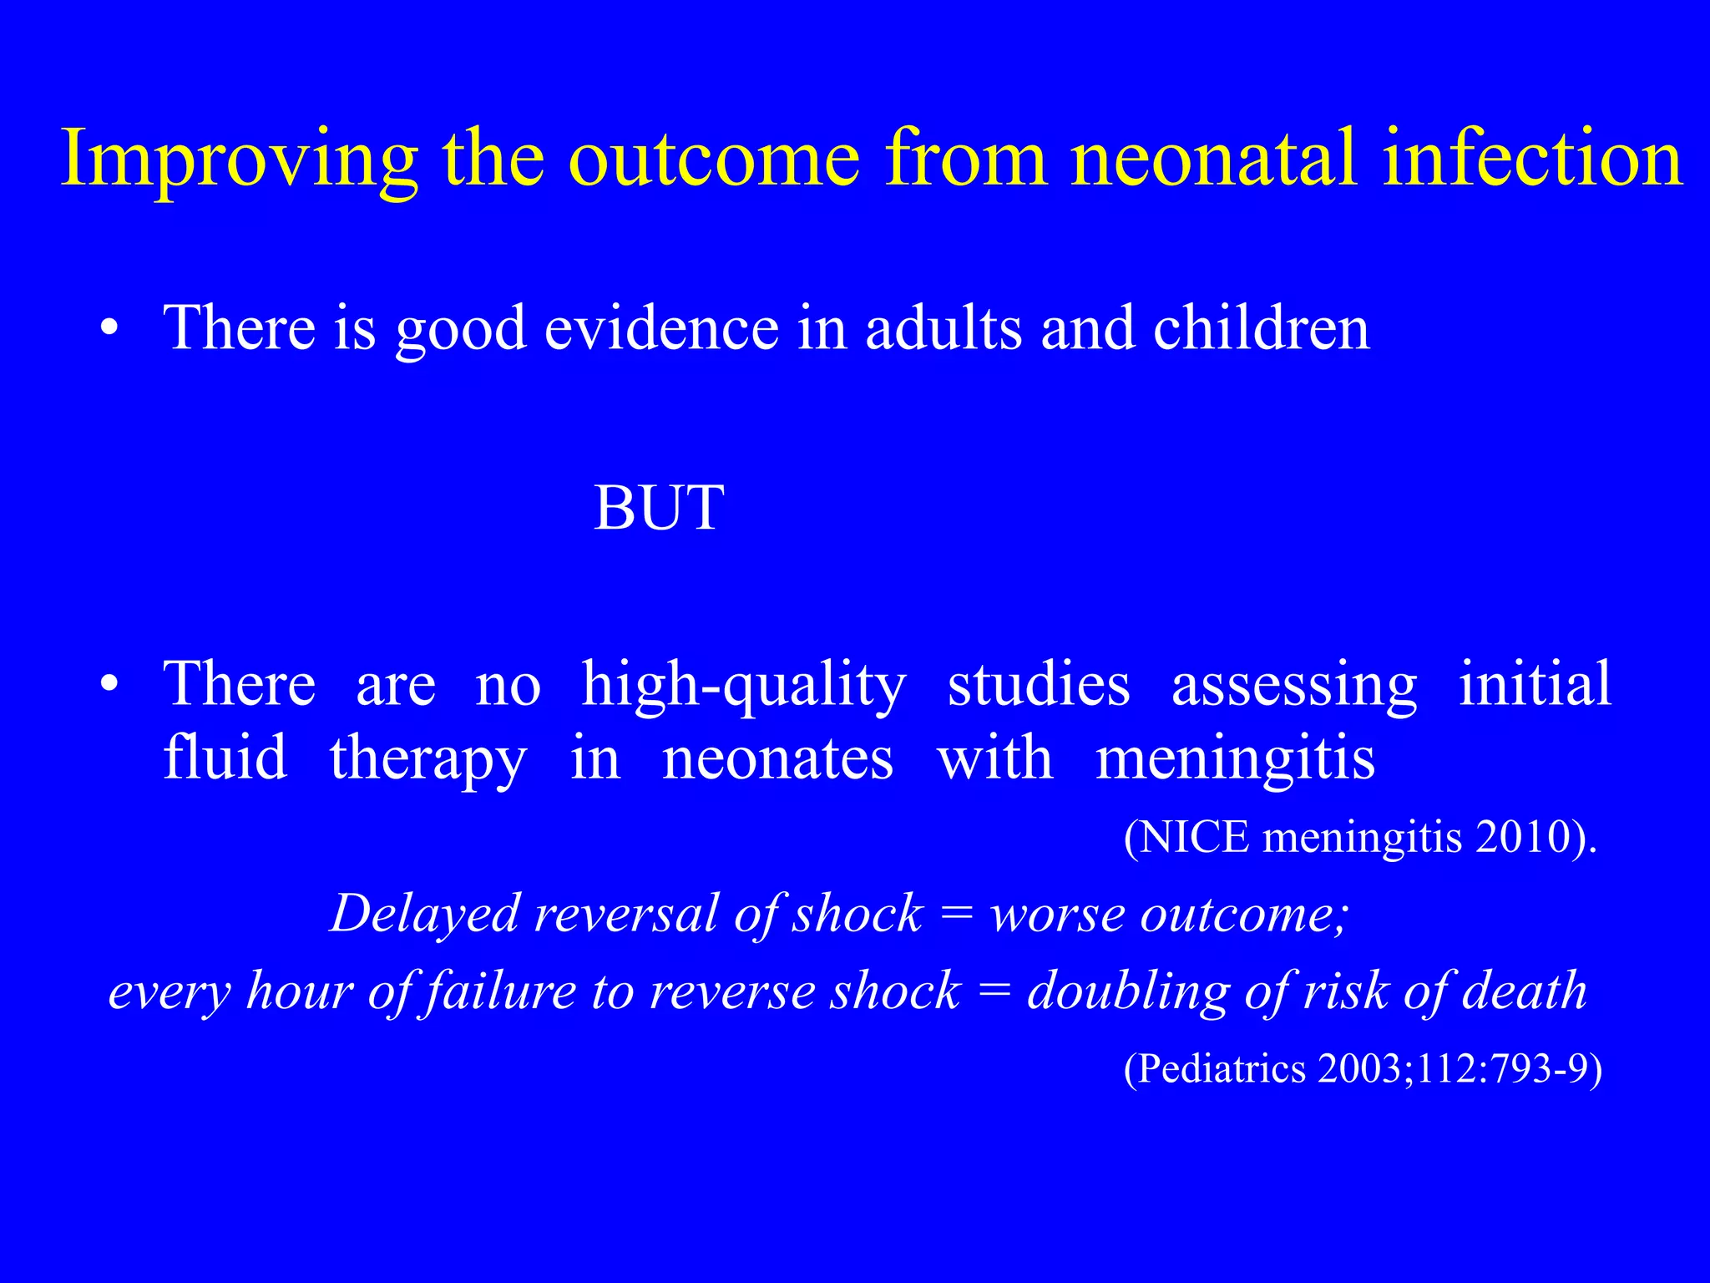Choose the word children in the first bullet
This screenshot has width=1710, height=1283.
pyautogui.click(x=1262, y=327)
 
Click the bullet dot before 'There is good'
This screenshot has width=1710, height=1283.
pyautogui.click(x=109, y=329)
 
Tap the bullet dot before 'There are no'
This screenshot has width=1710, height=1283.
pyautogui.click(x=109, y=685)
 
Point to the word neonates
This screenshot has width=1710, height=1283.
pyautogui.click(x=777, y=759)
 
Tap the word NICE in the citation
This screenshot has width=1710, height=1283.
pyautogui.click(x=1195, y=837)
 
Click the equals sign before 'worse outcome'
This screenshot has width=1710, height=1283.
pyautogui.click(x=957, y=915)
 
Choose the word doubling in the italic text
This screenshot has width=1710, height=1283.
pyautogui.click(x=1128, y=992)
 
